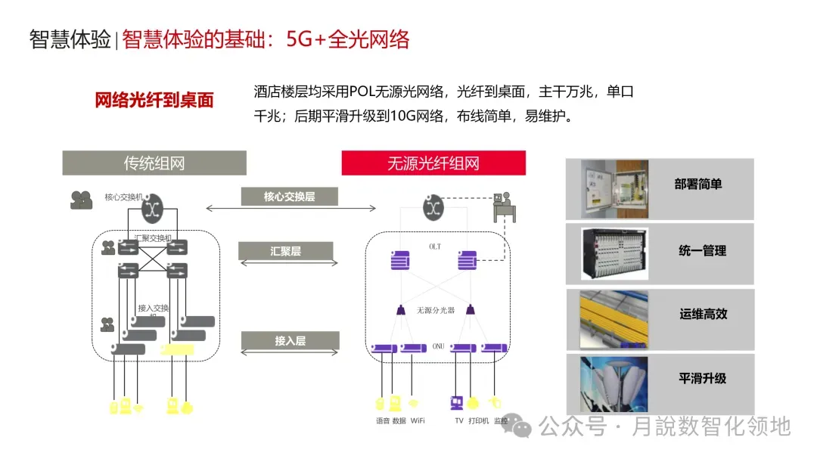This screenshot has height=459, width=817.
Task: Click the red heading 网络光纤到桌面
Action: [x=154, y=101]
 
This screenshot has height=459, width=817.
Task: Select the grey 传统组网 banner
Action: [x=154, y=163]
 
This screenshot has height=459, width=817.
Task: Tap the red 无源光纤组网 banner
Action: [x=433, y=163]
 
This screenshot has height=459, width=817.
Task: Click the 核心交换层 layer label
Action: [x=289, y=197]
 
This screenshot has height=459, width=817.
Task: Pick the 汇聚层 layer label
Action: [x=285, y=251]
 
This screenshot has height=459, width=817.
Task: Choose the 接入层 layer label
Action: [x=290, y=341]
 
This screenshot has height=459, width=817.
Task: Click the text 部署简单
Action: [x=697, y=185]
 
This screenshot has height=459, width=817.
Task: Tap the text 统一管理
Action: [x=702, y=250]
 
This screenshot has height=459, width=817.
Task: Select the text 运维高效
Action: [x=703, y=314]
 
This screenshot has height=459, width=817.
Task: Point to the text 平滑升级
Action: [x=702, y=378]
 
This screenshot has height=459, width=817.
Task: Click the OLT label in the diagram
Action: [x=434, y=247]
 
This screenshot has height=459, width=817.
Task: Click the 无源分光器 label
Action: [x=436, y=310]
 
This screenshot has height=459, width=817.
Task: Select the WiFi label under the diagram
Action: [x=418, y=420]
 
